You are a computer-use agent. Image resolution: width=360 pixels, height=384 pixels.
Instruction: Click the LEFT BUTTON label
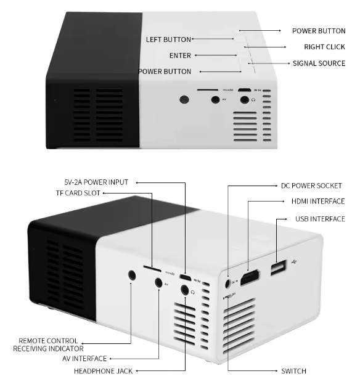pyautogui.click(x=168, y=39)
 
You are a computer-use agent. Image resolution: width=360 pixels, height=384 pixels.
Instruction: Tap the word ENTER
pyautogui.click(x=180, y=55)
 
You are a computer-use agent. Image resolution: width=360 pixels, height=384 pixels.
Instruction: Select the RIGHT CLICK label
pyautogui.click(x=324, y=47)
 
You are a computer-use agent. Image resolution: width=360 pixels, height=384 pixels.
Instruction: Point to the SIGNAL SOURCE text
pyautogui.click(x=319, y=63)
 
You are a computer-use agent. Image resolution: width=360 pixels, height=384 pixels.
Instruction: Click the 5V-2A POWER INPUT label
pyautogui.click(x=96, y=182)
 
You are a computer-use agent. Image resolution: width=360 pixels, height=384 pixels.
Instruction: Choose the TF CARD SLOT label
pyautogui.click(x=78, y=193)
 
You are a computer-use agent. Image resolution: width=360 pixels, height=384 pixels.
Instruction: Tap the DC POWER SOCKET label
pyautogui.click(x=311, y=186)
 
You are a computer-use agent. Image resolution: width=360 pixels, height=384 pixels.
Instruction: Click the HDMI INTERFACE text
pyautogui.click(x=318, y=202)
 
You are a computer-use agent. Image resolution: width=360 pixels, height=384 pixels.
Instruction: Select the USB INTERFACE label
pyautogui.click(x=320, y=219)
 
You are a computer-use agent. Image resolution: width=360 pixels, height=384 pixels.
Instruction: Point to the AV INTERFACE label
pyautogui.click(x=84, y=359)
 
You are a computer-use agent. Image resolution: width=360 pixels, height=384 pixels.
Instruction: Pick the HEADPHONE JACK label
pyautogui.click(x=103, y=371)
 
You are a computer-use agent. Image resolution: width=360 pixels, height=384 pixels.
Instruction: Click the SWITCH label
pyautogui.click(x=293, y=371)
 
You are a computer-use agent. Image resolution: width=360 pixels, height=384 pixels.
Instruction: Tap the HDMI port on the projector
pyautogui.click(x=250, y=278)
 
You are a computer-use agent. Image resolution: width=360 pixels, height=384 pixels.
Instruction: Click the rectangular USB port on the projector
pyautogui.click(x=279, y=267)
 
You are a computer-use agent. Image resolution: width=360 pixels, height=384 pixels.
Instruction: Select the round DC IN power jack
pyautogui.click(x=227, y=284)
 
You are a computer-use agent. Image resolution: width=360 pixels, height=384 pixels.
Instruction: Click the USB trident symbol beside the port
pyautogui.click(x=294, y=261)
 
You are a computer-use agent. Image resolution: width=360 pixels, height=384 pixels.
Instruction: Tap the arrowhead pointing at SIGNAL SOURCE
pyautogui.click(x=288, y=63)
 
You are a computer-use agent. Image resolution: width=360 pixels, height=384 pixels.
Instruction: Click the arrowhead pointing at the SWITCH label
pyautogui.click(x=277, y=371)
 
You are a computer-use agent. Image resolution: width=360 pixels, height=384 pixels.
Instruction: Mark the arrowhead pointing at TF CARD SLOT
pyautogui.click(x=104, y=193)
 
